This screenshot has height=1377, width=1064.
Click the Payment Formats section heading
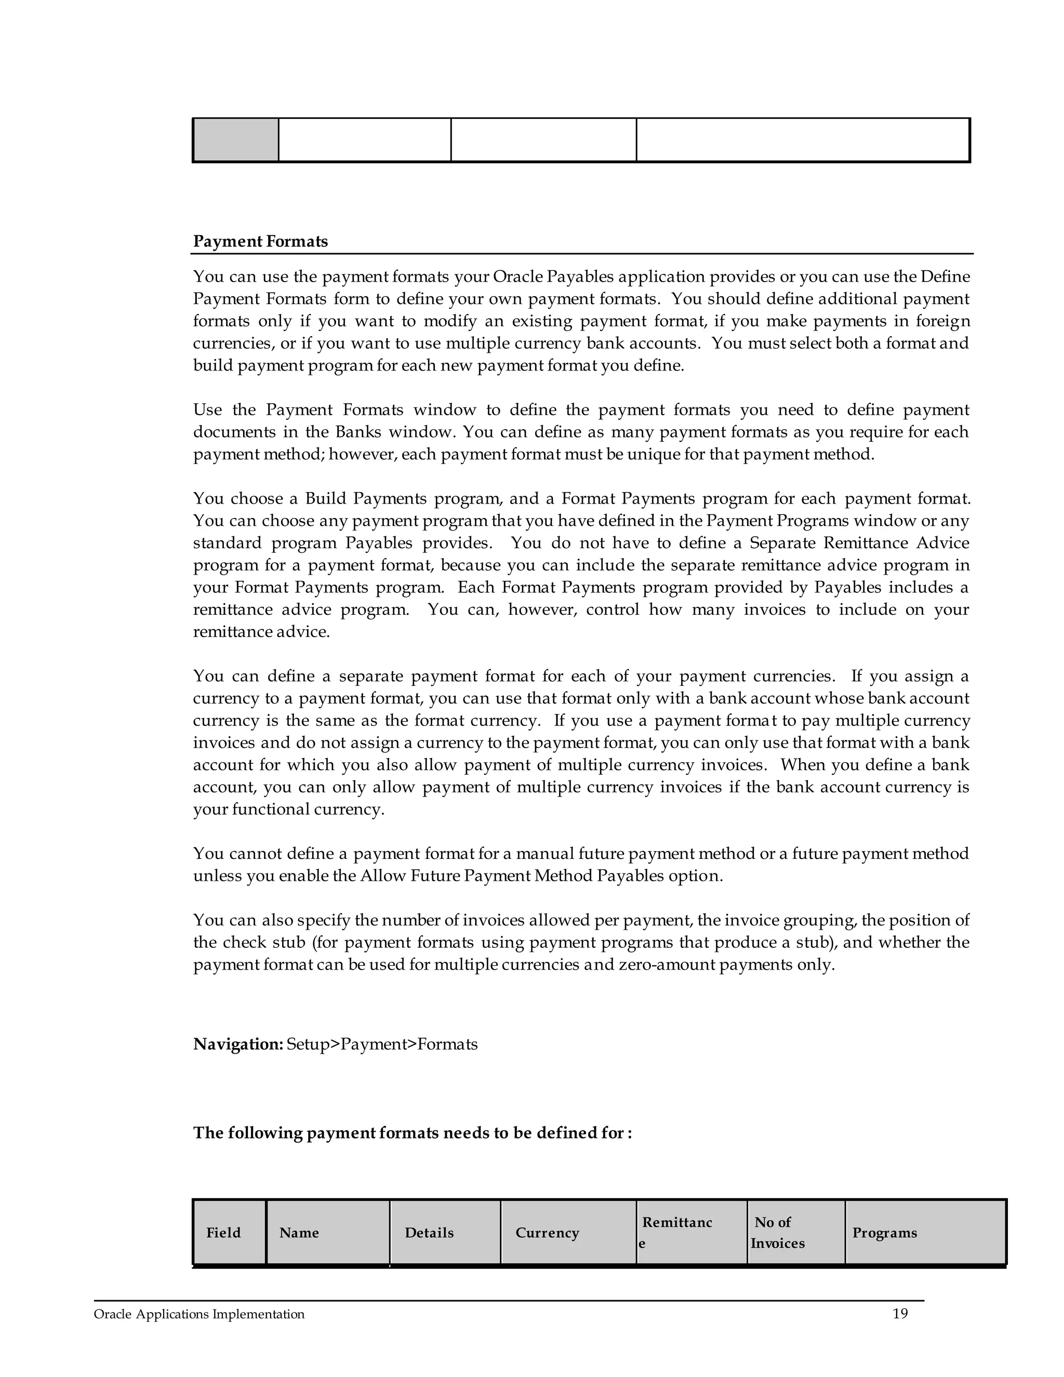pyautogui.click(x=260, y=242)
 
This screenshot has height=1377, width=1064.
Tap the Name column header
pyautogui.click(x=299, y=1233)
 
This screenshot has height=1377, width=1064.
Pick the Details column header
pyautogui.click(x=429, y=1233)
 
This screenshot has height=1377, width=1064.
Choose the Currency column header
pyautogui.click(x=547, y=1233)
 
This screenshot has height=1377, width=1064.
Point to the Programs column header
pyautogui.click(x=884, y=1233)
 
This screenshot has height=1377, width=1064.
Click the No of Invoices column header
pyautogui.click(x=777, y=1233)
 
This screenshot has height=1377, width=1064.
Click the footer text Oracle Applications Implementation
pyautogui.click(x=198, y=1315)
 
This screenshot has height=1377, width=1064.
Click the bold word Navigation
pyautogui.click(x=237, y=1044)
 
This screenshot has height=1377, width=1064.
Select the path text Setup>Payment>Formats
pyautogui.click(x=382, y=1044)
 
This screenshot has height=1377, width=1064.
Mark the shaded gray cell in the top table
pyautogui.click(x=236, y=140)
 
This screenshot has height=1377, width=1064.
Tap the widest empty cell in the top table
pyautogui.click(x=802, y=140)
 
